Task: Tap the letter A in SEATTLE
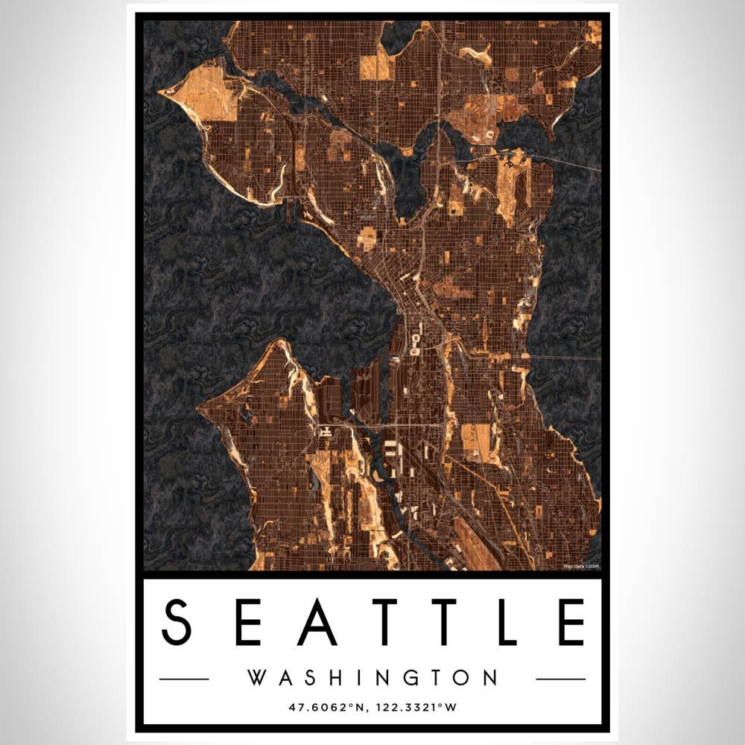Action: point(318,622)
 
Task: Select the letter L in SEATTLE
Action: point(507,622)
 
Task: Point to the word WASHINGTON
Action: point(372,678)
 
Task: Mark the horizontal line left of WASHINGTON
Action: point(184,679)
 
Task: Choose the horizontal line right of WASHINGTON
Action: point(560,679)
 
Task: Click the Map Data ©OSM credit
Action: point(582,566)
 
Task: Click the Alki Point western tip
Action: point(199,409)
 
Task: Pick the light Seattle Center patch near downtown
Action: point(367,238)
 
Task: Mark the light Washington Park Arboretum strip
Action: point(514,186)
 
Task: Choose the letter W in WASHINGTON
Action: point(256,678)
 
